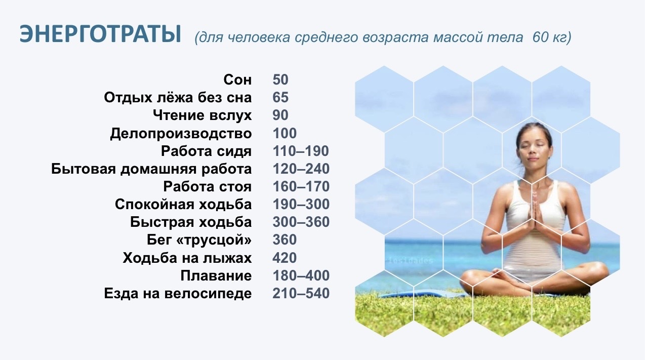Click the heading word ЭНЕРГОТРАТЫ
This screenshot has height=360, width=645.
click(x=100, y=34)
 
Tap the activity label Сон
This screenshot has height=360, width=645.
click(x=237, y=80)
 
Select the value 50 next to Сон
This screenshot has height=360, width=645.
click(x=280, y=80)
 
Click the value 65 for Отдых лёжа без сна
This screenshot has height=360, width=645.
click(x=280, y=97)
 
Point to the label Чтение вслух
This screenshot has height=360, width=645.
click(x=203, y=115)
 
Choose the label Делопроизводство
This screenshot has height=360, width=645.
click(x=181, y=134)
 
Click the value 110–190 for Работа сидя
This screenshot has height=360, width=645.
click(x=301, y=151)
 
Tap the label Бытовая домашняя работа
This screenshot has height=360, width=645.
click(x=151, y=169)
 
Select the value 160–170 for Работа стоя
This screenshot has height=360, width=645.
click(x=301, y=187)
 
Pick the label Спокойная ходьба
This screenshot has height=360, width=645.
click(x=183, y=205)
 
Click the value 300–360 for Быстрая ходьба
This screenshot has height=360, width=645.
click(x=301, y=222)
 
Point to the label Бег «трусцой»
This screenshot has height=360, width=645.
click(x=199, y=240)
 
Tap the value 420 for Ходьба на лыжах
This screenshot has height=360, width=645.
click(x=285, y=258)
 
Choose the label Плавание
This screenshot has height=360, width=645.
click(x=216, y=275)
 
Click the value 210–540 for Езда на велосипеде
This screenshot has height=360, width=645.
click(x=301, y=293)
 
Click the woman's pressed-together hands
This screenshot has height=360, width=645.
click(x=535, y=212)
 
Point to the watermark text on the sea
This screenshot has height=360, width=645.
click(x=410, y=261)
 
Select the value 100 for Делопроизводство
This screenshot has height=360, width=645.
click(x=285, y=133)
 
